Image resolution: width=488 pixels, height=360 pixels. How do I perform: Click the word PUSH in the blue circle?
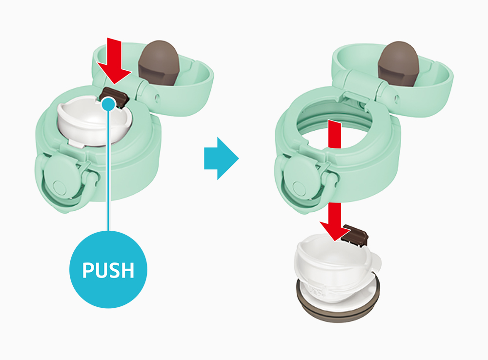(108, 270)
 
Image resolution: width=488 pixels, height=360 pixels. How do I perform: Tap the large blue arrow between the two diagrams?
(221, 159)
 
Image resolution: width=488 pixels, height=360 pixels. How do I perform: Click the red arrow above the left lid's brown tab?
(114, 60)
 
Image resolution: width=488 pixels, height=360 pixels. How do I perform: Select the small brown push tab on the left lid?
(116, 97)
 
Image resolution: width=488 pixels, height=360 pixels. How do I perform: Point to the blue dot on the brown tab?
(109, 104)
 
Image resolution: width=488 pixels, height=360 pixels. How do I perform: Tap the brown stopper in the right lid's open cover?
(398, 64)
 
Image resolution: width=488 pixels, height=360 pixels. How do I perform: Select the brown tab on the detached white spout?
(356, 235)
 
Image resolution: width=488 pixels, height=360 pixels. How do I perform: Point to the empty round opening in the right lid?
(335, 124)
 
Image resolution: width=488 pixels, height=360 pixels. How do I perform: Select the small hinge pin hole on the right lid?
(397, 99)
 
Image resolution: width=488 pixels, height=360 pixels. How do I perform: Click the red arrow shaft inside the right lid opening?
(335, 134)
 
